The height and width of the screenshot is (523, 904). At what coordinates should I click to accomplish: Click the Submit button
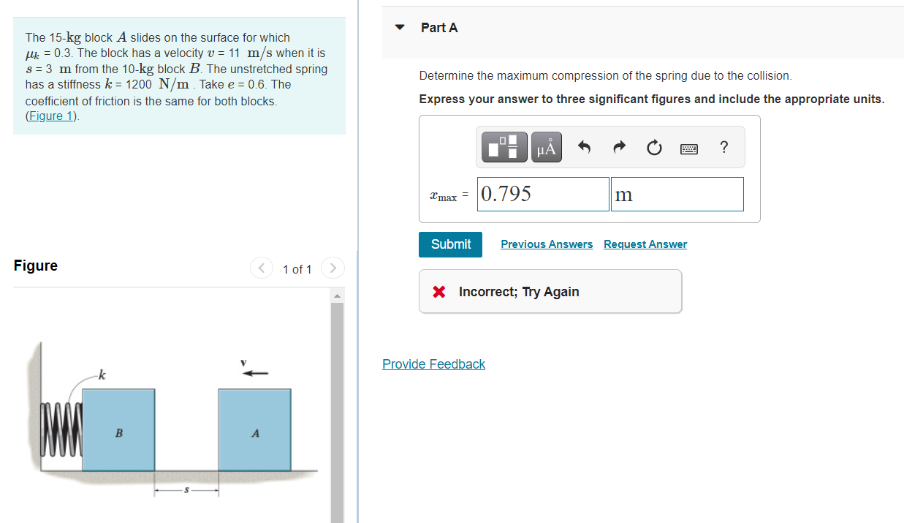tap(450, 244)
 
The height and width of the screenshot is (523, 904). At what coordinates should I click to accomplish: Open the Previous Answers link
tap(547, 244)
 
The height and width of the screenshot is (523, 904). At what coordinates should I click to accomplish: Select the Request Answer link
tap(645, 244)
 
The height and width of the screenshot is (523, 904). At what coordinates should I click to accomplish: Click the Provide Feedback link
tap(433, 364)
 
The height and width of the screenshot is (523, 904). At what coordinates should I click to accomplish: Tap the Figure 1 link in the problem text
tap(53, 116)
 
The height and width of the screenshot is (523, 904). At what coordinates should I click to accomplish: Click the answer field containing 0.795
tap(543, 194)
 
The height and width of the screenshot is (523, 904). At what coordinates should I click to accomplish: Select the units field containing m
tap(677, 194)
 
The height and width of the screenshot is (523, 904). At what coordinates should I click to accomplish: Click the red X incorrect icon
tap(438, 292)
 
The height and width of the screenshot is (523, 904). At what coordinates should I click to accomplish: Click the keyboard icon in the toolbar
tap(688, 148)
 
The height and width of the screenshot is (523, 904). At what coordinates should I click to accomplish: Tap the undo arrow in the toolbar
tap(584, 148)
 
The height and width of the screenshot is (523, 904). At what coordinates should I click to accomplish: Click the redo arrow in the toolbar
tap(619, 148)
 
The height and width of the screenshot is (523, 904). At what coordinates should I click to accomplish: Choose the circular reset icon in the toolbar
tap(654, 148)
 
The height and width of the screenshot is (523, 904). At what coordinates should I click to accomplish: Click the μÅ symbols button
tap(546, 148)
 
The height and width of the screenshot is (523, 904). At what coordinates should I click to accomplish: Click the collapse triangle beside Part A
tap(400, 28)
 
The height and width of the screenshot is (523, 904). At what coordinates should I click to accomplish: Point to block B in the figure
tap(118, 429)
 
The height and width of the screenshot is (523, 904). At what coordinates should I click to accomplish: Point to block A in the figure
tap(255, 429)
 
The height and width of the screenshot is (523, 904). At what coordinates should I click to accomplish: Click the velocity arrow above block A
tap(256, 374)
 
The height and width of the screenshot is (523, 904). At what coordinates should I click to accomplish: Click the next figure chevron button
tap(332, 268)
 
